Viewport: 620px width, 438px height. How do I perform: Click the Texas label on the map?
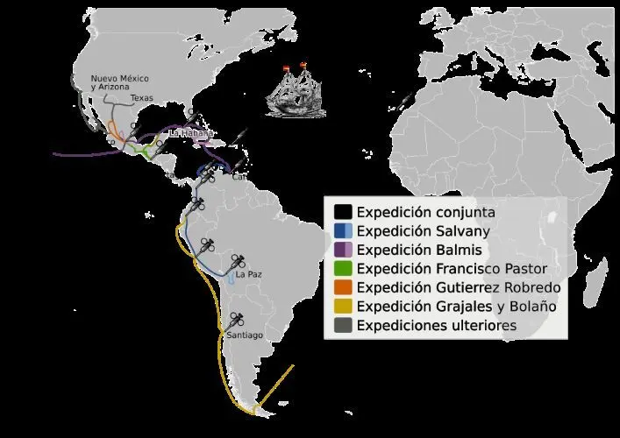point(141,98)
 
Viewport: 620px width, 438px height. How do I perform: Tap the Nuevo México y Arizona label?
point(116,83)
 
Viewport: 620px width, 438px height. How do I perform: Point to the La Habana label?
point(189,133)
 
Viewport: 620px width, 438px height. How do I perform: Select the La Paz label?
point(249,274)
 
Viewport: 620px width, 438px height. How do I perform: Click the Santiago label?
point(244,336)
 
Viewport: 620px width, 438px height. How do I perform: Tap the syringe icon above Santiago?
point(236,321)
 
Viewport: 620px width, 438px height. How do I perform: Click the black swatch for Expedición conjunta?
point(344,212)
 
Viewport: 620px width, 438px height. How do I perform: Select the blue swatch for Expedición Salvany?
point(344,231)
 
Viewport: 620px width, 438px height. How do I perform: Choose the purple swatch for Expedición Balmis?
point(344,250)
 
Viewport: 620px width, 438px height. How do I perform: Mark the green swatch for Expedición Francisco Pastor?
point(344,268)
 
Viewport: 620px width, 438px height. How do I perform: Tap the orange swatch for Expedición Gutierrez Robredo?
point(344,287)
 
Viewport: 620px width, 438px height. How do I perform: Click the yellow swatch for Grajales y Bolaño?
point(344,307)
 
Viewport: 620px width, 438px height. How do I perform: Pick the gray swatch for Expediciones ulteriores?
point(344,326)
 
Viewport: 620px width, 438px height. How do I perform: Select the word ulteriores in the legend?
point(478,326)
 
